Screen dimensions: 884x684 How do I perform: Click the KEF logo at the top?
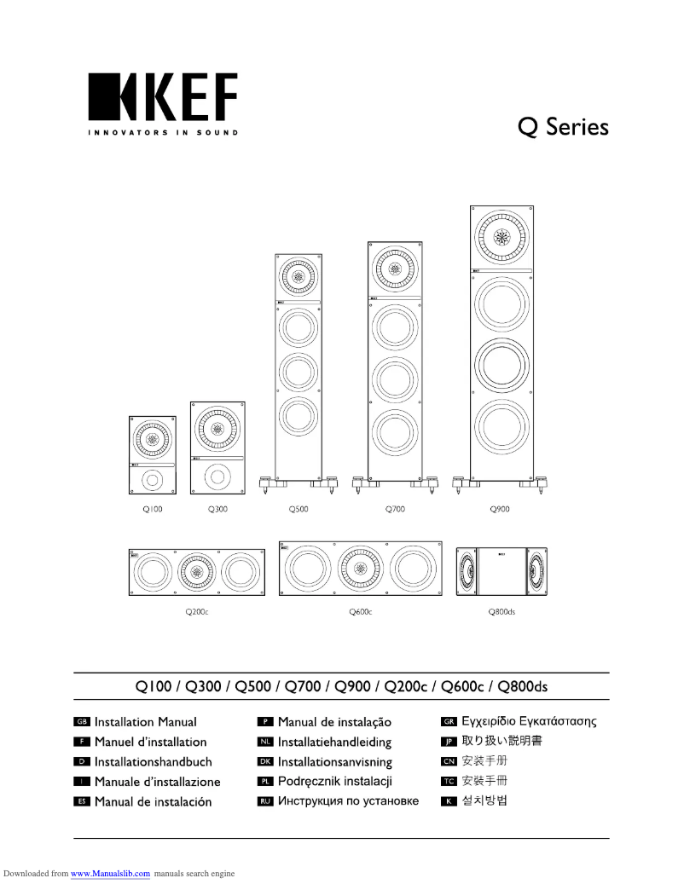tap(162, 98)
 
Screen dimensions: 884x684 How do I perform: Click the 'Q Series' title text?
tap(563, 127)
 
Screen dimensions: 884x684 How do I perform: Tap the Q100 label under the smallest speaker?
tap(153, 509)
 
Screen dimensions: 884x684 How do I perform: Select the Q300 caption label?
tap(217, 509)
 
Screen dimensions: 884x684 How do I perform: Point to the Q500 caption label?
tap(299, 509)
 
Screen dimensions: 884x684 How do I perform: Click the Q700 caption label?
tap(395, 509)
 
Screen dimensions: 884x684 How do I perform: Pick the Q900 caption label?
tap(500, 509)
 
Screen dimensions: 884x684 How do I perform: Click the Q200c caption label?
tap(197, 612)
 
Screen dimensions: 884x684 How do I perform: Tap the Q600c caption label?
tap(361, 612)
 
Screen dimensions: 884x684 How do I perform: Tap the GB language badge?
tap(82, 722)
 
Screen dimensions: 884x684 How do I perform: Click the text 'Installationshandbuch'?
tap(154, 762)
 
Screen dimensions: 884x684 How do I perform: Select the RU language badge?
tap(264, 801)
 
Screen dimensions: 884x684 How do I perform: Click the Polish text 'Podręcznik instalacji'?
tap(335, 782)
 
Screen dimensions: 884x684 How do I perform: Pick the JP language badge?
tap(449, 742)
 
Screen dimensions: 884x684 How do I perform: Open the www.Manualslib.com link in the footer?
tap(110, 874)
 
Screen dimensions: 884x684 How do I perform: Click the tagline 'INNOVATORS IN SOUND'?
tap(162, 133)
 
